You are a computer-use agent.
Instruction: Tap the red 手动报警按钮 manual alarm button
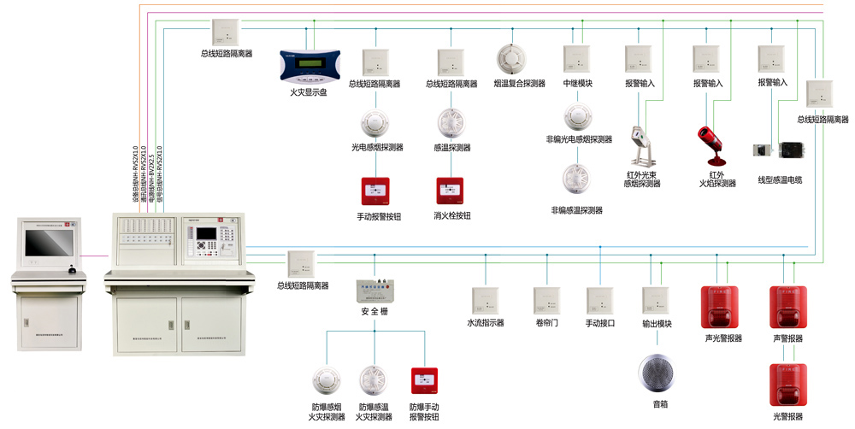coord(373,191)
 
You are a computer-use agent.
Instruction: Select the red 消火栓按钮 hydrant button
coord(451,191)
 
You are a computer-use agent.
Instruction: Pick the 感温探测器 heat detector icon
coord(451,123)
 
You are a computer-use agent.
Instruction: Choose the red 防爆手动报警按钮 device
coord(424,381)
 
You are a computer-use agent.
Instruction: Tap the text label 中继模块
coord(577,84)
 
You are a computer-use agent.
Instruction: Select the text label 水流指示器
coord(486,324)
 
